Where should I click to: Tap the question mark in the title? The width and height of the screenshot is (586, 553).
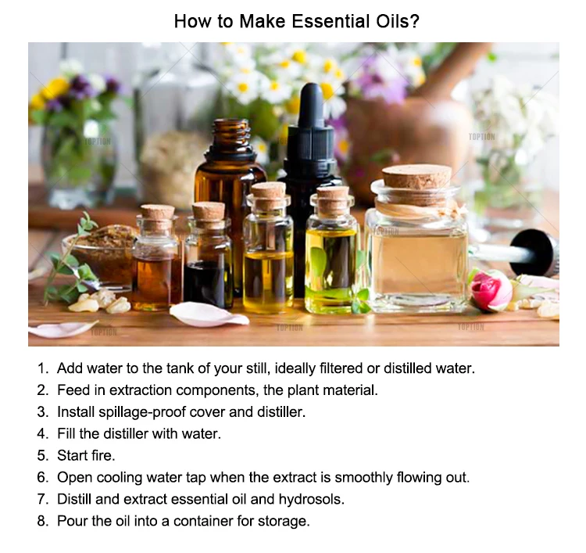point(414,21)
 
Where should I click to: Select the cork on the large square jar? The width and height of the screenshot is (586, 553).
point(416,184)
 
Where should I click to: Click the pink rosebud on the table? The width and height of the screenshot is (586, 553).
point(491,290)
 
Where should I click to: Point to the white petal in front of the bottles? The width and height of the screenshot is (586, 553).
point(209,314)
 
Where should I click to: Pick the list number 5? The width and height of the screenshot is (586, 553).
point(43,455)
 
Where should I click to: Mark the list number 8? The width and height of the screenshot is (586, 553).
point(43,521)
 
